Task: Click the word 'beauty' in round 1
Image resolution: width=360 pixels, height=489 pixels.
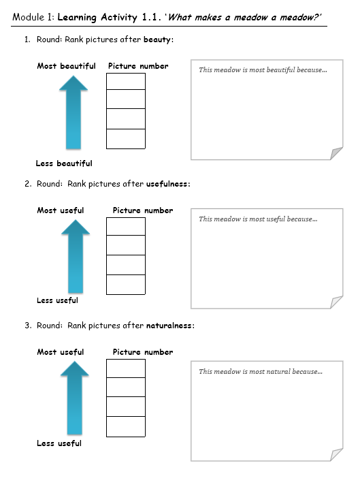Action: pos(157,40)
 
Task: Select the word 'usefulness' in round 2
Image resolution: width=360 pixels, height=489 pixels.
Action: pos(167,184)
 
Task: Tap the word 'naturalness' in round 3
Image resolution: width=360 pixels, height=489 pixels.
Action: pos(169,326)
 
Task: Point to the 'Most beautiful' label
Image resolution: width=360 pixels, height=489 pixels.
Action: pos(67,66)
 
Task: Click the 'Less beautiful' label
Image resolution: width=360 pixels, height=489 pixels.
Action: pos(64,163)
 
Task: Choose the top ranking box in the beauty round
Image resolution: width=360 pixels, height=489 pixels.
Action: pos(126,82)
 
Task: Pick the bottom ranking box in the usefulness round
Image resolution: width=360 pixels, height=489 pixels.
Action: pos(126,285)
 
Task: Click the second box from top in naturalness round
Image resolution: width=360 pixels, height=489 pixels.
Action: pos(126,387)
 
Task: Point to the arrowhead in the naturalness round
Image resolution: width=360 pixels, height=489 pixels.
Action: pos(74,368)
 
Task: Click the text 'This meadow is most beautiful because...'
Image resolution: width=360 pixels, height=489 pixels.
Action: pos(263,70)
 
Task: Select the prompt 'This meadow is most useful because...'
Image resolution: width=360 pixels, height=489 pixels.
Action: pos(258,219)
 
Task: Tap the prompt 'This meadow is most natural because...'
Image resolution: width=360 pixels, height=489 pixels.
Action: pos(261,371)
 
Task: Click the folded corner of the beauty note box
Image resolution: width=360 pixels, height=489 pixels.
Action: pos(336,153)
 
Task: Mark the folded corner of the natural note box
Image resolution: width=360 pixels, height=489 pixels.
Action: pos(336,455)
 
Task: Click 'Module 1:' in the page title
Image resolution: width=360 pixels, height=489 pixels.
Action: pos(33,17)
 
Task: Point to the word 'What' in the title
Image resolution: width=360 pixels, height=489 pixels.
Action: pos(179,17)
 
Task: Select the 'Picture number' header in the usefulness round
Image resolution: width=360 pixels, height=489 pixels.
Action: pos(143,210)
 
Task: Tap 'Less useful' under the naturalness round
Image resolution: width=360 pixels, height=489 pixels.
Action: pos(59,443)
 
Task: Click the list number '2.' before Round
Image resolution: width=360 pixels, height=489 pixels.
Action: pos(28,184)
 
